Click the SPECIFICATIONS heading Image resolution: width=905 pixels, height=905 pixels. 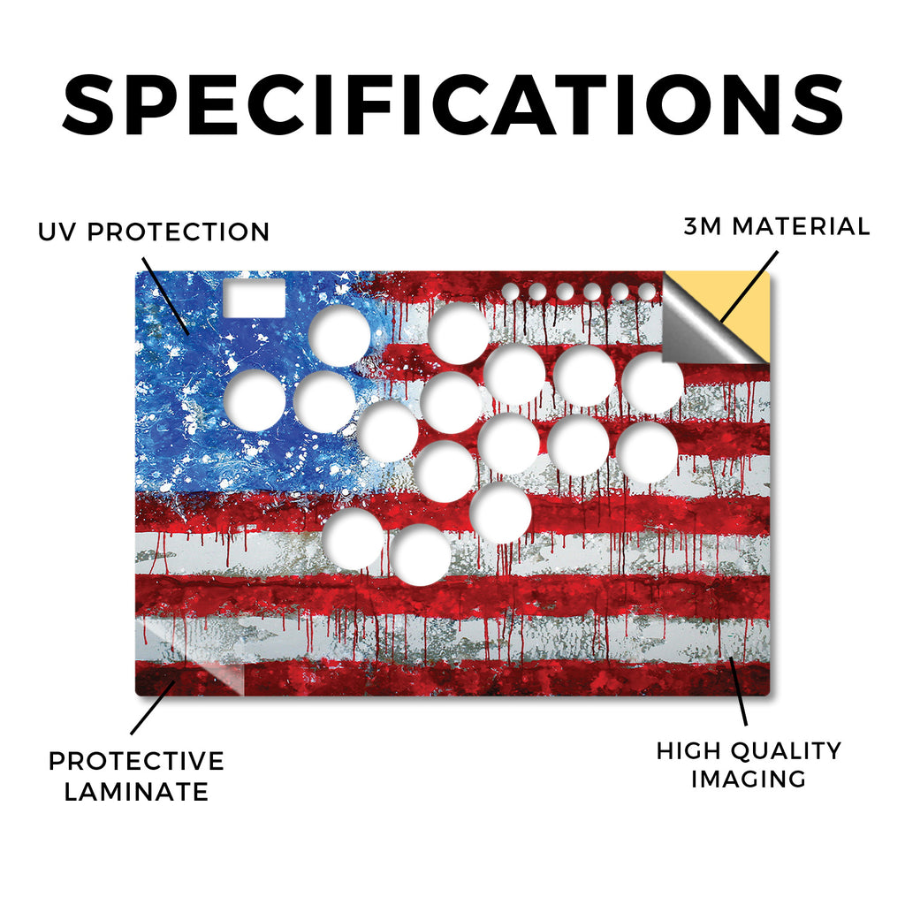[x=452, y=105]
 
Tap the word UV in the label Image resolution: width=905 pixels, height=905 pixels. [x=57, y=232]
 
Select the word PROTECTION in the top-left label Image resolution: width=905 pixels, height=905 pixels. [x=179, y=232]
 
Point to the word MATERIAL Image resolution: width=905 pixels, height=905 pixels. [x=801, y=226]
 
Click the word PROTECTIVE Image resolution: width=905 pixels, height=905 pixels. [x=136, y=761]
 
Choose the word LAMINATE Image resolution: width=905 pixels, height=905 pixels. [x=136, y=791]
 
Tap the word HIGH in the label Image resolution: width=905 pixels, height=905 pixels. [x=689, y=751]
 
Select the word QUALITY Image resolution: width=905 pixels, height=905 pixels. [x=787, y=751]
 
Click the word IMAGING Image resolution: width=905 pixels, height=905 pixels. [x=749, y=779]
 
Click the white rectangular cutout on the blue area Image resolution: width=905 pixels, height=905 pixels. [x=255, y=298]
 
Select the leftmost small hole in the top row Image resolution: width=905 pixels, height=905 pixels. [x=510, y=292]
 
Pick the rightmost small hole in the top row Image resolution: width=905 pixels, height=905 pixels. [x=647, y=292]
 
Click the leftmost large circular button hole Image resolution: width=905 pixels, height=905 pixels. [x=255, y=400]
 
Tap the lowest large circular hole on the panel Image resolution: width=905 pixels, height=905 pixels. [x=420, y=555]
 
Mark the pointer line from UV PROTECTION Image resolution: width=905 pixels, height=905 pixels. [x=165, y=297]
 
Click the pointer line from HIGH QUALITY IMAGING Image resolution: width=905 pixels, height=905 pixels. [x=738, y=691]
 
